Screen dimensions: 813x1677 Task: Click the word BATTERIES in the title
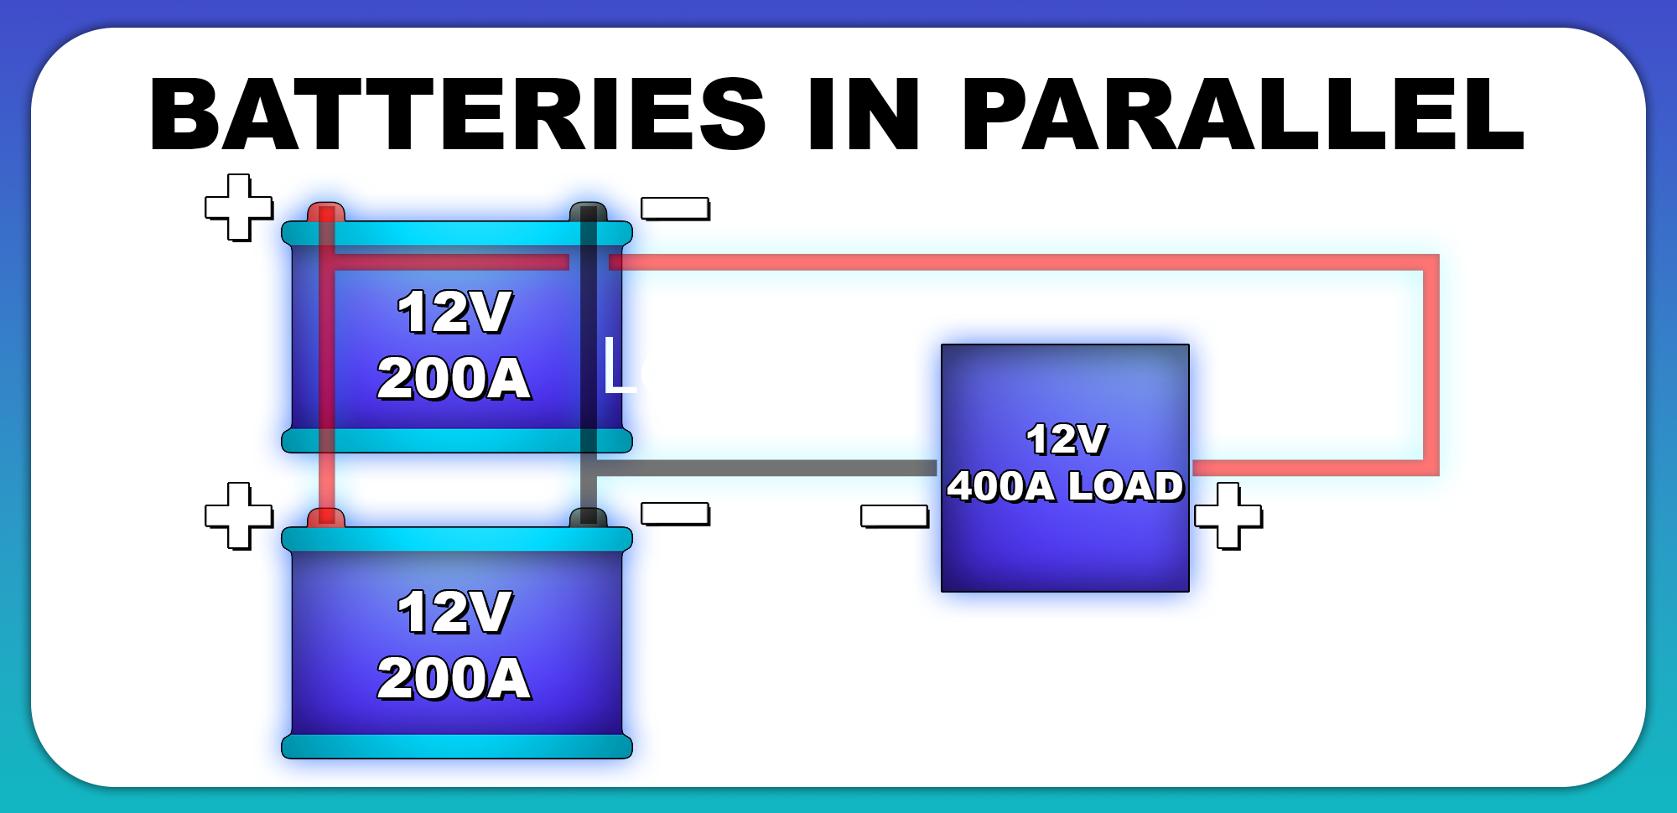tap(457, 114)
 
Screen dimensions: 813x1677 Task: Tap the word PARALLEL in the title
tap(1243, 114)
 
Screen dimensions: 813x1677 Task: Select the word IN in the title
tap(863, 114)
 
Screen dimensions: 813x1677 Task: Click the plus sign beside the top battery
tap(239, 207)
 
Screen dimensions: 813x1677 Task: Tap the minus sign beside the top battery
tap(675, 207)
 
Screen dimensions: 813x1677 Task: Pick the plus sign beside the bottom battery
tap(239, 515)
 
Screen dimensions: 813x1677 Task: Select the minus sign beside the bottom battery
tap(675, 513)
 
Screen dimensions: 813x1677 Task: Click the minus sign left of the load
tap(895, 515)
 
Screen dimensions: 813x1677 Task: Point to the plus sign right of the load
tap(1228, 515)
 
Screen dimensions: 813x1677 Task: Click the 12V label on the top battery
tap(454, 312)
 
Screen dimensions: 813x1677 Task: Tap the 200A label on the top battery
tap(454, 378)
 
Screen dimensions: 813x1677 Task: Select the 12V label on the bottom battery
tap(454, 612)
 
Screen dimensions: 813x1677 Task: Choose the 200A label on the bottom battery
tap(454, 678)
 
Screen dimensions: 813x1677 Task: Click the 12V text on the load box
tap(1067, 439)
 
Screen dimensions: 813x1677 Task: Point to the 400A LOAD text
tap(1065, 486)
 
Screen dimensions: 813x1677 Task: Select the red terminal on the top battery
tap(326, 211)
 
